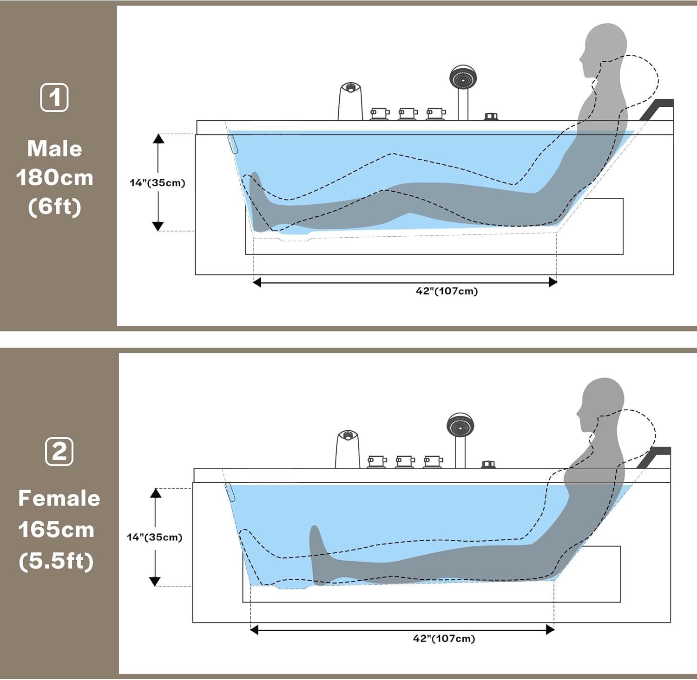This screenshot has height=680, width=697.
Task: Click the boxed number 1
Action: coord(54,97)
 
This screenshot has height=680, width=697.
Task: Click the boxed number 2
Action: coord(59,451)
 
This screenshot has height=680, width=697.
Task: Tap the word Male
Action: coord(54,149)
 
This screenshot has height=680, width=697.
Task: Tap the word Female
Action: coord(59,499)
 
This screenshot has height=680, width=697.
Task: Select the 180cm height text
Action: coord(55,178)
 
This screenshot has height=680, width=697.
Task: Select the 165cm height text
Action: coord(56,530)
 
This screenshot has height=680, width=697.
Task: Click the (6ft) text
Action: coord(55,207)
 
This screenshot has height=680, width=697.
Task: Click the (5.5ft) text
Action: coord(56,561)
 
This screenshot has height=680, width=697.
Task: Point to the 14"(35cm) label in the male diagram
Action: coord(158,183)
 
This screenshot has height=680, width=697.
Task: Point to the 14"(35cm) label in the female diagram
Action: coord(155,537)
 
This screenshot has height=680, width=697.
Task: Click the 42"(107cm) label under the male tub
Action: coord(447,291)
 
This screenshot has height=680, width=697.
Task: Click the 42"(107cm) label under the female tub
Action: coord(444,639)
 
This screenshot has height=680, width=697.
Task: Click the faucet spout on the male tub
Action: coord(350,101)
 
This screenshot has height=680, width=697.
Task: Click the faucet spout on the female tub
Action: coord(348,449)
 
